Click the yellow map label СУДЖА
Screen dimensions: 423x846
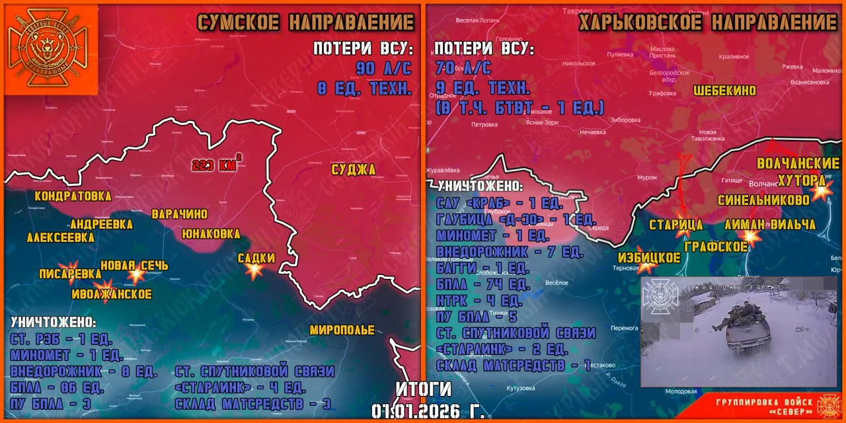point(353,170)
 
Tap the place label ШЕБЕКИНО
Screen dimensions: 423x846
point(724,91)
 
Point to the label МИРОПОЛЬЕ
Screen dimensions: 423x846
point(342,330)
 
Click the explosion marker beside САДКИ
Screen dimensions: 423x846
point(255,270)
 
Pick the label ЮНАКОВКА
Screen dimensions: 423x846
point(211,233)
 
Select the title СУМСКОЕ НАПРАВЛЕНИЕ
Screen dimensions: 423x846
point(306,22)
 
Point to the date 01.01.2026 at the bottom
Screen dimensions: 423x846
point(428,411)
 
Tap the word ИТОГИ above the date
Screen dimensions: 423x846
point(424,389)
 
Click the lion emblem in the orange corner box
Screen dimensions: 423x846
point(52,50)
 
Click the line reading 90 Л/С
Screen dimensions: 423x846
point(383,67)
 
